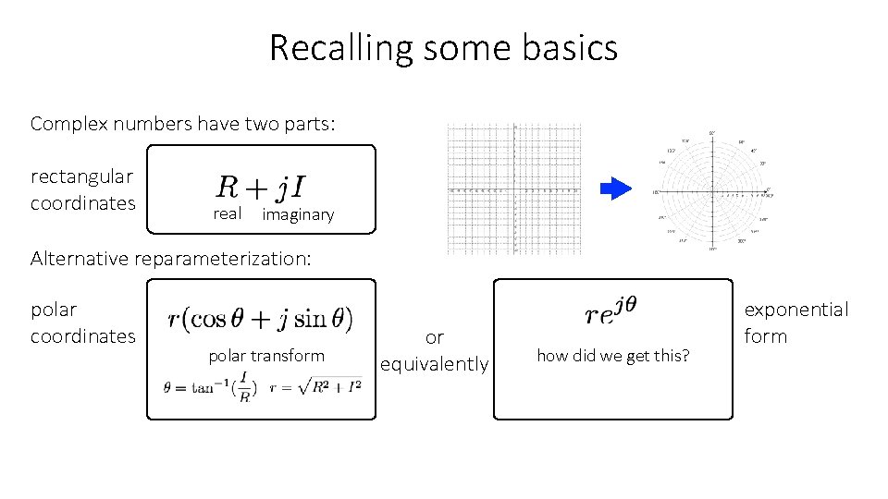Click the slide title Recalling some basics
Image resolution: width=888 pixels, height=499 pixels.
coord(443,47)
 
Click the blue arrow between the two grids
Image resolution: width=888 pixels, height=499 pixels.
coord(615,189)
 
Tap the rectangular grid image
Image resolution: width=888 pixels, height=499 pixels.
coord(513,189)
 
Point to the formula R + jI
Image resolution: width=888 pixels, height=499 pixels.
coord(263,188)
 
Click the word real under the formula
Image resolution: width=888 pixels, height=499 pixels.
coord(227,213)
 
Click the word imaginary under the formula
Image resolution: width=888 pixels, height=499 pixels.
coord(298,214)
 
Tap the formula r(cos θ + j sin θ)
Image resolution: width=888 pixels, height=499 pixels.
coord(260,318)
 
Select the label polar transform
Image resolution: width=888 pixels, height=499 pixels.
coord(266,356)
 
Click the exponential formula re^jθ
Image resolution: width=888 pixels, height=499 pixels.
coord(611,311)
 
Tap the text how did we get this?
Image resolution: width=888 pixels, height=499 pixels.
coord(612,355)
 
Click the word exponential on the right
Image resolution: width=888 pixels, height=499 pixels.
coord(795,310)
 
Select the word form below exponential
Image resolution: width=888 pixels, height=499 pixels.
coord(766,336)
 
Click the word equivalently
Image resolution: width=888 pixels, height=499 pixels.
coord(435,364)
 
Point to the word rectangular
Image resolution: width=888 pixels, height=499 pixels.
coord(81,176)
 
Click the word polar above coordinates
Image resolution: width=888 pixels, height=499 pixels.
coord(54,310)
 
